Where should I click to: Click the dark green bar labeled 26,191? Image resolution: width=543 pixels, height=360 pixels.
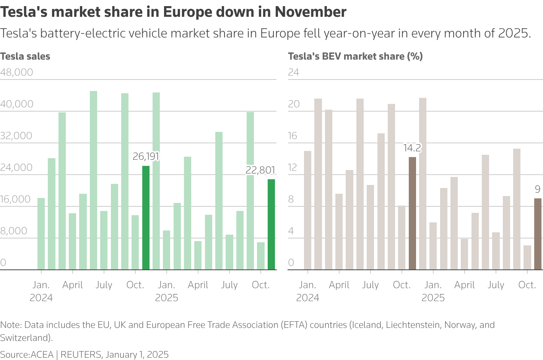146,218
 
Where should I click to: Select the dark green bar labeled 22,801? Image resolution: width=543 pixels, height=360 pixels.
271,224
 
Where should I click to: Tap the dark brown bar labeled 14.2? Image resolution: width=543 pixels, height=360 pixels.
412,213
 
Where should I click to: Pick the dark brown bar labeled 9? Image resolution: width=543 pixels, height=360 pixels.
538,234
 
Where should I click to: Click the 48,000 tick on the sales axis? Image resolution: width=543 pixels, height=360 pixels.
17,72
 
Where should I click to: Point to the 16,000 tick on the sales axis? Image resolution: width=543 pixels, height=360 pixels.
15,199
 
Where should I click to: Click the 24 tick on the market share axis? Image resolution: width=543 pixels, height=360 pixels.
293,72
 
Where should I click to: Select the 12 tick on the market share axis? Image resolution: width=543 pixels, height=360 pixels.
293,167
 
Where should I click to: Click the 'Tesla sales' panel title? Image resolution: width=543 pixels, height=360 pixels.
25,57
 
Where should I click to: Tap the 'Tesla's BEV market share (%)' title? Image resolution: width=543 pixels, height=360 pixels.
355,57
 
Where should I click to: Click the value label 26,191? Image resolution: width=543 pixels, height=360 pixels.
146,156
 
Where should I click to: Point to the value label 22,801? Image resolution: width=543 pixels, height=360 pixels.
260,170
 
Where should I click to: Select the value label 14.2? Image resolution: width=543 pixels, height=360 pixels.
412,148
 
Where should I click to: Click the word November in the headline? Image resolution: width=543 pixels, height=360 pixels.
311,12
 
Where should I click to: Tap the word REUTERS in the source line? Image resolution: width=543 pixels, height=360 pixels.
81,355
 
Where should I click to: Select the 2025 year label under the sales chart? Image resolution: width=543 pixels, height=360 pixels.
166,298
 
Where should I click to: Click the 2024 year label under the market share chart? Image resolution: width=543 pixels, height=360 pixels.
307,298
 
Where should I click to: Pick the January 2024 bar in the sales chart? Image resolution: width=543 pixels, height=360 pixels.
41,234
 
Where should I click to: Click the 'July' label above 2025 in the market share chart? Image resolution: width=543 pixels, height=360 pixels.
496,285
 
